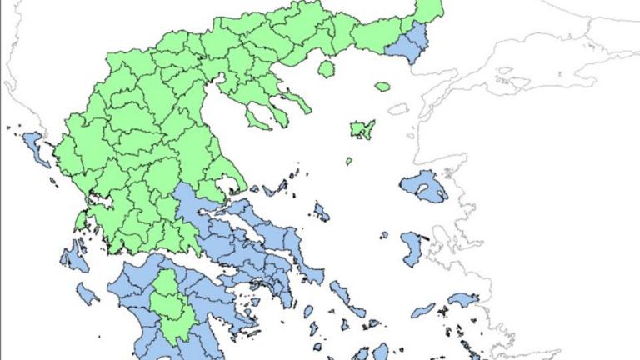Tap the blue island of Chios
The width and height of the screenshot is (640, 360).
(412, 248)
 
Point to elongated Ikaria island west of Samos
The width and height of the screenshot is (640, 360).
(423, 310)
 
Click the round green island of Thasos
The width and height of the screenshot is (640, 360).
(326, 68)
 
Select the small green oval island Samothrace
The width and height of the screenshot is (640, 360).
(382, 86)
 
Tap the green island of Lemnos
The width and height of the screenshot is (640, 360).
(362, 129)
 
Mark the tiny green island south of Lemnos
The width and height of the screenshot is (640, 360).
(349, 161)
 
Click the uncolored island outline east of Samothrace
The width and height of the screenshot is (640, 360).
(398, 109)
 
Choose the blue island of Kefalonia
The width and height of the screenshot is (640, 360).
(74, 258)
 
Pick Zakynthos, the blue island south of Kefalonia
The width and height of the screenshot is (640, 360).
(87, 293)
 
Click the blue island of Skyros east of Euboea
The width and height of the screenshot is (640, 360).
(321, 212)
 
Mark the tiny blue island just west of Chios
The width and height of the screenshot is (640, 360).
(384, 236)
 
